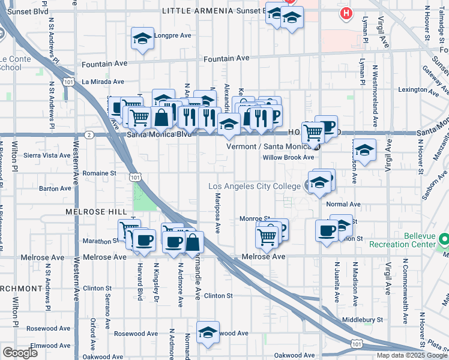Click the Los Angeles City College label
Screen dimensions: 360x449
pos(254,187)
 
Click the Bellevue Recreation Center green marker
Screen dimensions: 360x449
pos(444,240)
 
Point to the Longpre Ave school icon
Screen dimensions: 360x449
pos(142,39)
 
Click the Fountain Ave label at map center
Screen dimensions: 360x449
pos(226,59)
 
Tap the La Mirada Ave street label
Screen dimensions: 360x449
pos(103,82)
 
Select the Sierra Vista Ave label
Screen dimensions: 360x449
pos(47,155)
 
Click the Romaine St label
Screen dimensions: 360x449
pos(100,173)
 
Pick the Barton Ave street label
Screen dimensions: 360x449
pos(55,188)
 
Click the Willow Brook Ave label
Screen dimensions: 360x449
pos(289,157)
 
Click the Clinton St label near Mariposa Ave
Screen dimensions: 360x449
pos(218,296)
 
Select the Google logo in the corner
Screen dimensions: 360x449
pos(20,353)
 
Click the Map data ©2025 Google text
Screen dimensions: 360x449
pos(411,355)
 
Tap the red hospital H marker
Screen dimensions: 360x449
pos(346,13)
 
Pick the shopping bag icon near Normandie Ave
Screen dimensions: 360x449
pos(193,242)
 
